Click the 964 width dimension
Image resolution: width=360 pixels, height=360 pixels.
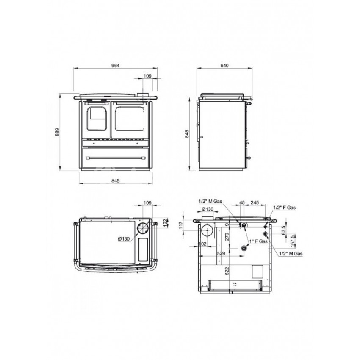(x=116, y=66)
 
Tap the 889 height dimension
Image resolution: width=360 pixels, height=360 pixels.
(x=58, y=132)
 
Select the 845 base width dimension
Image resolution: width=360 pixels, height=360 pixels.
(x=116, y=181)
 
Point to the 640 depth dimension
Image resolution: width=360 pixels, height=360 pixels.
(x=224, y=66)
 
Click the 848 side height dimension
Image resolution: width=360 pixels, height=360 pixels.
(x=187, y=134)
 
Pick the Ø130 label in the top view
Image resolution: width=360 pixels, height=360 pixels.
(x=124, y=239)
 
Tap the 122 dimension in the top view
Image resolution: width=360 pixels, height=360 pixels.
(x=166, y=223)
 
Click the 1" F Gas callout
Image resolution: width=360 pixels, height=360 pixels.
(x=258, y=241)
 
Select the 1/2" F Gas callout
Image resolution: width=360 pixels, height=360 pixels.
(x=284, y=208)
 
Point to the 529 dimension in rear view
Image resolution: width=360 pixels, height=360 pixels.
(x=221, y=253)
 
